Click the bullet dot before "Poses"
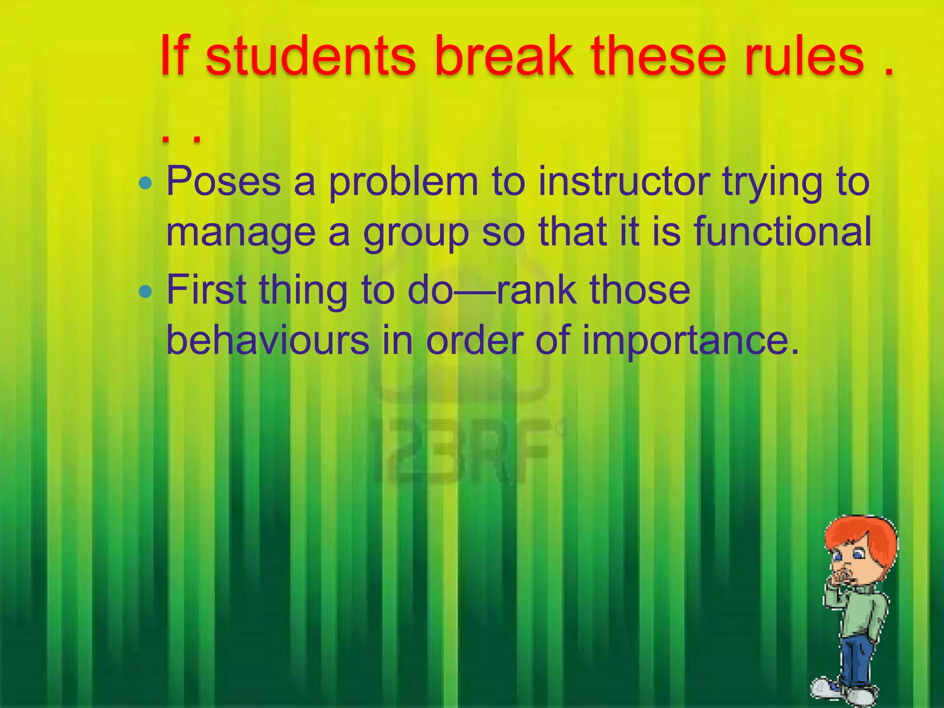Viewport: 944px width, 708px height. [x=145, y=183]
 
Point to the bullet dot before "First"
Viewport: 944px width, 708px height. [x=145, y=291]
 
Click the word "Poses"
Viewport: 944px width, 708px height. [x=224, y=182]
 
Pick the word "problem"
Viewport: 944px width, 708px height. [x=403, y=183]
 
